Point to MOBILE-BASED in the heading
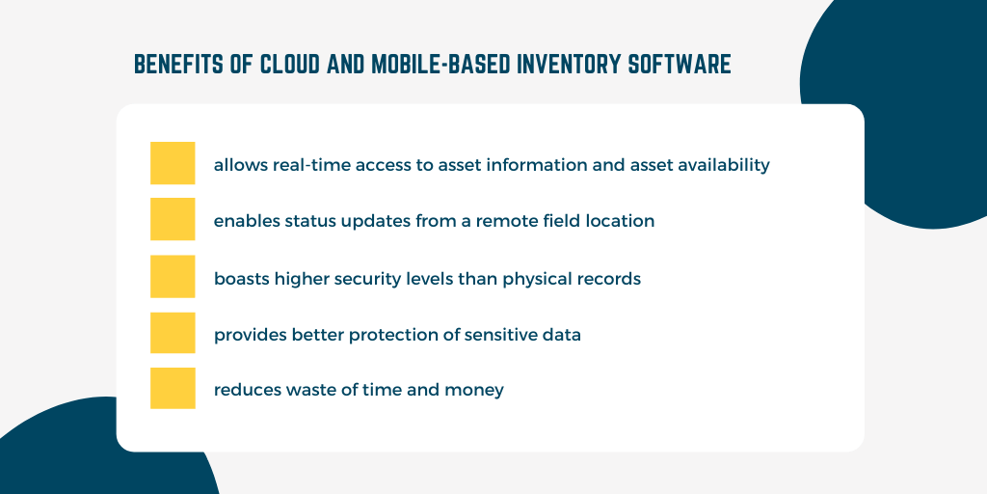[x=440, y=65]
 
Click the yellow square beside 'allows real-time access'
[x=173, y=163]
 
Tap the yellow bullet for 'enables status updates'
[x=173, y=219]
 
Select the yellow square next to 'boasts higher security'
[x=173, y=276]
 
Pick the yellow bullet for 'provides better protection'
[x=173, y=333]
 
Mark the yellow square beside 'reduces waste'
[x=173, y=388]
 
